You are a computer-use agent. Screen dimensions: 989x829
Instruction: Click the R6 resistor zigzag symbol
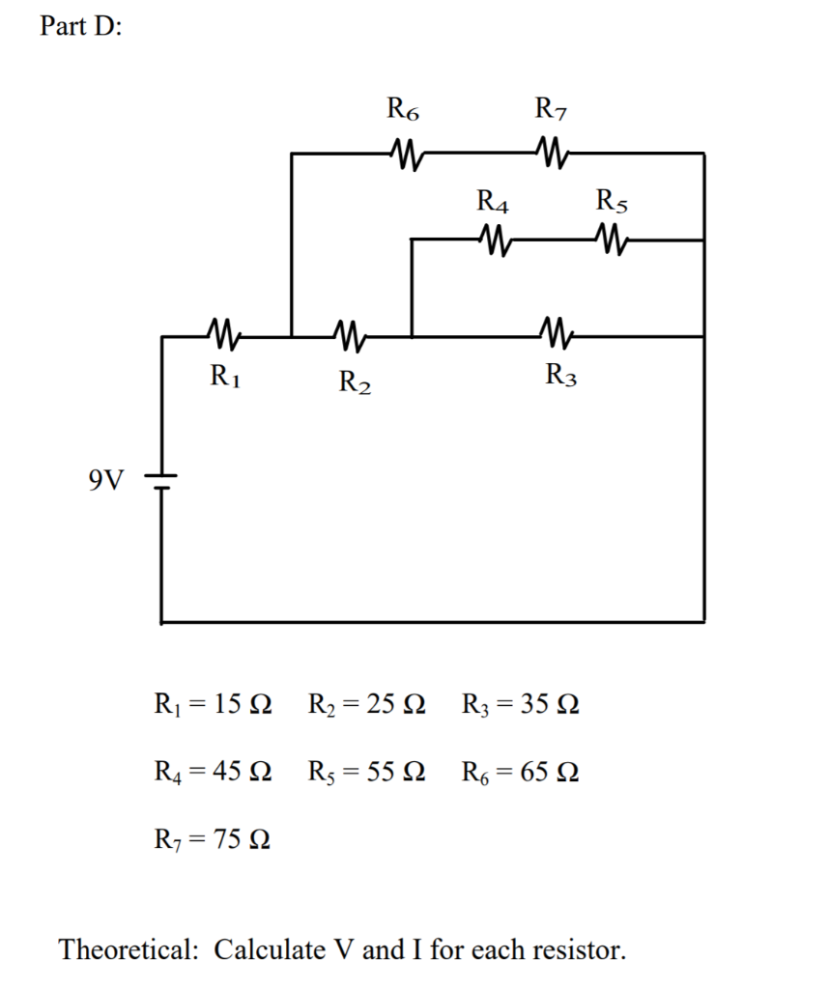[x=404, y=152]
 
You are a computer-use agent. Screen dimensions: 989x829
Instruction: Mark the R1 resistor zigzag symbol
[x=223, y=336]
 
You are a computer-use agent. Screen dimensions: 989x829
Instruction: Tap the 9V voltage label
[x=106, y=480]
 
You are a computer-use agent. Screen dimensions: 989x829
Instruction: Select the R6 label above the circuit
[x=403, y=108]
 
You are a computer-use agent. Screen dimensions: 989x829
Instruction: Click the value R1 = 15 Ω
[x=213, y=702]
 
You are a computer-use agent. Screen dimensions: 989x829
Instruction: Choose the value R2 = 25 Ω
[x=366, y=702]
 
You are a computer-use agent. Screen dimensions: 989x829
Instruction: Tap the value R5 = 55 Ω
[x=366, y=772]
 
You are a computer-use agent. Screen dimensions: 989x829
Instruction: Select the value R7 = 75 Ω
[x=213, y=839]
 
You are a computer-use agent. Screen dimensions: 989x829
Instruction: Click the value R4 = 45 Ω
[x=213, y=772]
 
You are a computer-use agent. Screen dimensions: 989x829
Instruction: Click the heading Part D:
[x=81, y=27]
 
